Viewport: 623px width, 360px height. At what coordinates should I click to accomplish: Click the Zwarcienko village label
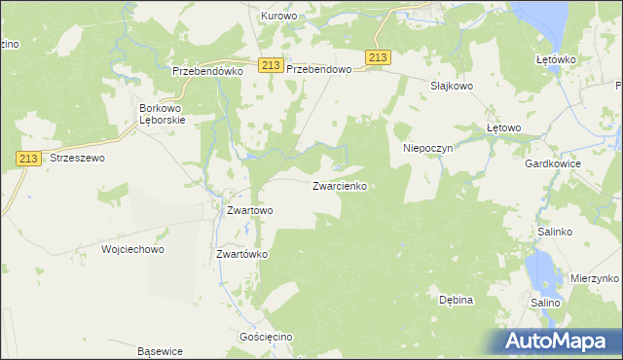click(339, 185)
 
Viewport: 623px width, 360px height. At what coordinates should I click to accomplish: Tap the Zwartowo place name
click(249, 209)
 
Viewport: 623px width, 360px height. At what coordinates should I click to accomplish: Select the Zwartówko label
click(241, 254)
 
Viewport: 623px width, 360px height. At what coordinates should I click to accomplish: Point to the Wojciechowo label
click(132, 249)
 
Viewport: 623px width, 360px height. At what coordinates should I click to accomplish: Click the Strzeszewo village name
click(77, 157)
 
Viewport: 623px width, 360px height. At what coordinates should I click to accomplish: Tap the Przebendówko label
click(205, 71)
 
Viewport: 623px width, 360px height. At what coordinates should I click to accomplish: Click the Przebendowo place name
click(318, 71)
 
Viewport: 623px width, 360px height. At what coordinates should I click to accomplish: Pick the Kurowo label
click(279, 17)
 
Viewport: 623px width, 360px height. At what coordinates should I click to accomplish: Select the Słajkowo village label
click(452, 86)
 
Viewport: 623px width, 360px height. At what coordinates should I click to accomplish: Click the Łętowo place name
click(504, 127)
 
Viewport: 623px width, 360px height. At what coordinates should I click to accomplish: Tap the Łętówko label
click(557, 59)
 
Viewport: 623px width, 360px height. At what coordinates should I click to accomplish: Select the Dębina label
click(456, 300)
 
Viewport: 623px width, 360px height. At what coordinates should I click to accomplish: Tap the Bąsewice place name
click(161, 351)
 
